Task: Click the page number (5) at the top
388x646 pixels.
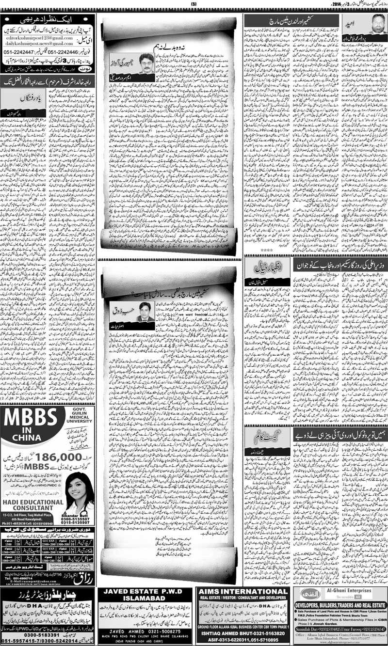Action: click(193, 4)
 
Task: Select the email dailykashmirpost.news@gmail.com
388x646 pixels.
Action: click(33, 44)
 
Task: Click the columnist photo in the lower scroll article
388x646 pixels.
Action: click(145, 312)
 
